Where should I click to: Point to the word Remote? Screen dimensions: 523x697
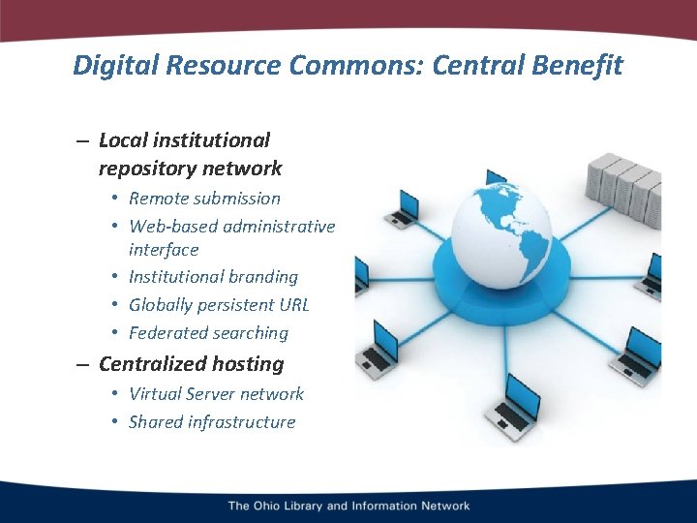point(158,199)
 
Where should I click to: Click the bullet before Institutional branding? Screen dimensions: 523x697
point(114,277)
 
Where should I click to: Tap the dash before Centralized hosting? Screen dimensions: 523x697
point(82,365)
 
